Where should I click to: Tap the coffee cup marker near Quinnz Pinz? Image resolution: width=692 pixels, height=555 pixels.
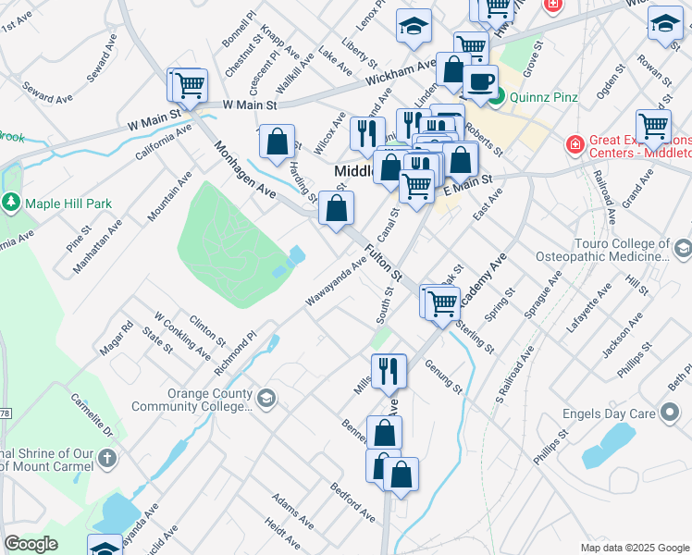(x=480, y=82)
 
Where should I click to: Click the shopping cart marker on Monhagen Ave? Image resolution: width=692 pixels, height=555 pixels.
(x=189, y=85)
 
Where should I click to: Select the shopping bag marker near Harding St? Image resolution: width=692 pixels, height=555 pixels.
(x=278, y=142)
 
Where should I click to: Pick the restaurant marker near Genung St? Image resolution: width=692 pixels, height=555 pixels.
(x=389, y=371)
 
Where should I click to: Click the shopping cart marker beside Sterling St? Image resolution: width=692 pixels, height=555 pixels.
(x=443, y=301)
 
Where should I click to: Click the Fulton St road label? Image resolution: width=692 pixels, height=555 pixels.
(x=384, y=263)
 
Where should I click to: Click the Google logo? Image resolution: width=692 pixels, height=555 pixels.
(x=31, y=544)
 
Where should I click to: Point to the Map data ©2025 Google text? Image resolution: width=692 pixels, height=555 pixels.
(x=634, y=548)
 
